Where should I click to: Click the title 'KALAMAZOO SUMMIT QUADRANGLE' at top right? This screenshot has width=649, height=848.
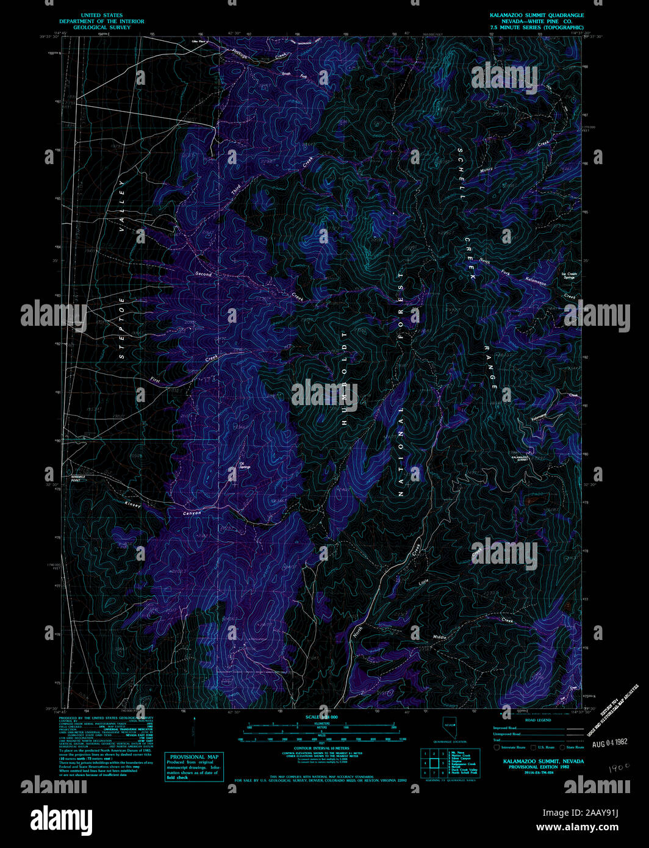(536, 15)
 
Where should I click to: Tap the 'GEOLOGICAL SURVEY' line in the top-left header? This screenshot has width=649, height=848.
(102, 27)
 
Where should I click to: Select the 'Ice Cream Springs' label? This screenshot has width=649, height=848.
(568, 276)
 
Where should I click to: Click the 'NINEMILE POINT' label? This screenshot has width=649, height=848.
(79, 478)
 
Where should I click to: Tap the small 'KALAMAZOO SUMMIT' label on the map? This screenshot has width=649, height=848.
(520, 458)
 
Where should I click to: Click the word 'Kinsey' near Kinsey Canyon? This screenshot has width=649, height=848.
(132, 505)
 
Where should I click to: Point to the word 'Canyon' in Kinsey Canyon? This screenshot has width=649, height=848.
(192, 513)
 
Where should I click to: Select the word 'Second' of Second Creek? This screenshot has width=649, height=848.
(203, 274)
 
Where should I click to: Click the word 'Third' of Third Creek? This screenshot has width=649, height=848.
(236, 190)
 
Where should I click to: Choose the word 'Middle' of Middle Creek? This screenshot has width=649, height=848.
(440, 637)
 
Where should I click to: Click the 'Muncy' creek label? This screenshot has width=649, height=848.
(486, 170)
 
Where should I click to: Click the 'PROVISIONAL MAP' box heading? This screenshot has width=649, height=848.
(194, 757)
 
